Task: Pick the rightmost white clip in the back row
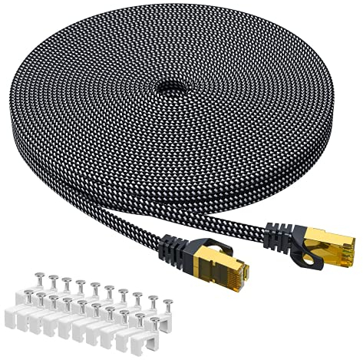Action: pyautogui.click(x=150, y=312)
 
